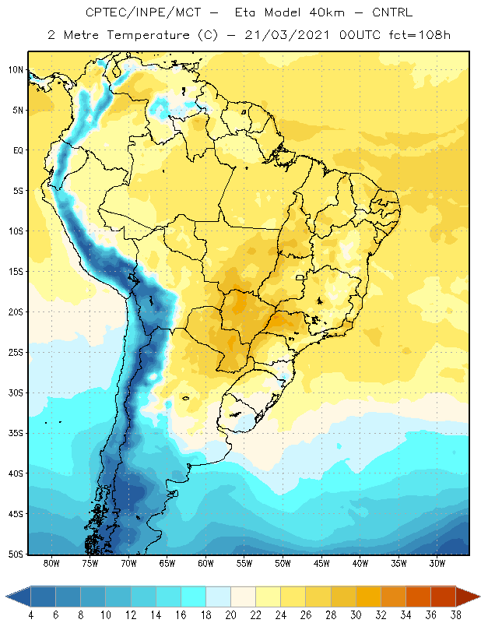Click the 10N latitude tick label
coord(16,70)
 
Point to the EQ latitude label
coord(18,150)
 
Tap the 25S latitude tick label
coord(16,353)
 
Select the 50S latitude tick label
coord(16,554)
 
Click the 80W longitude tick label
coord(51,563)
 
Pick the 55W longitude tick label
coord(244,563)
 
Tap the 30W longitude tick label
coord(437,563)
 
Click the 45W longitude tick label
coord(321,563)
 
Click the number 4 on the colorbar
coord(31,615)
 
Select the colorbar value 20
coord(230,615)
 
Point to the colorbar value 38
coord(455,615)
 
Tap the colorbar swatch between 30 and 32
coord(368,597)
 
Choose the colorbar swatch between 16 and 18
coord(194,597)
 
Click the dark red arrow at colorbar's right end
coord(468,597)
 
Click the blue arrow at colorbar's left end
coord(18,597)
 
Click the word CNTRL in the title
coord(392,12)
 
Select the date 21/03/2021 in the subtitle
coord(286,35)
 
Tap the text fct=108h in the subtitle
coord(420,35)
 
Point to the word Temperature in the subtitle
coord(148,35)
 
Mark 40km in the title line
coord(327,12)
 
